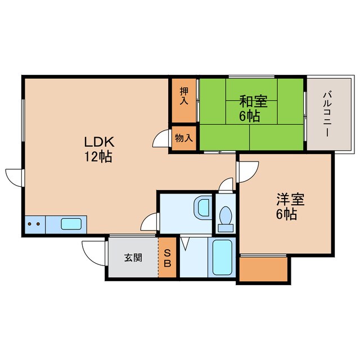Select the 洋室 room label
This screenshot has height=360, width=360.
290,199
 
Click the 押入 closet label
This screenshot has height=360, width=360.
184,96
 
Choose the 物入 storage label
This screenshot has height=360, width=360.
184,138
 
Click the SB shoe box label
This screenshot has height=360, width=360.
168,258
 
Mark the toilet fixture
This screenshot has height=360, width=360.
226,217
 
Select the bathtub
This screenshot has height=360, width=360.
223,258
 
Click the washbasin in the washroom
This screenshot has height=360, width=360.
201,208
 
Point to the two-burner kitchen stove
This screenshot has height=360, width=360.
34,224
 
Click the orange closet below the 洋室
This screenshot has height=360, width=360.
264,269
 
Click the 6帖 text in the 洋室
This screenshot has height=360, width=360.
290,214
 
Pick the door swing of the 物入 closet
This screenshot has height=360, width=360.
163,139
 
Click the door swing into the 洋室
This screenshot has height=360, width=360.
248,170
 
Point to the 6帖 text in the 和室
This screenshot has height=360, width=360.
250,117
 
